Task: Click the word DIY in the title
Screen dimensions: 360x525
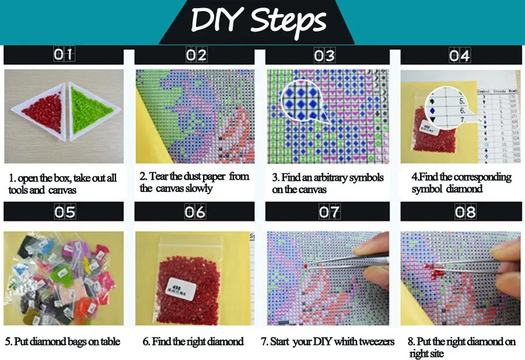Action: pos(218,21)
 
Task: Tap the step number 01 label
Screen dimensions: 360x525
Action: pos(64,55)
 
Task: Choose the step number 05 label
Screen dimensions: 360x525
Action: pos(65,212)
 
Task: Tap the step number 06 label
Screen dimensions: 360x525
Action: pos(195,212)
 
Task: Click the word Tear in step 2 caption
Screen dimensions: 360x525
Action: pos(160,177)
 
